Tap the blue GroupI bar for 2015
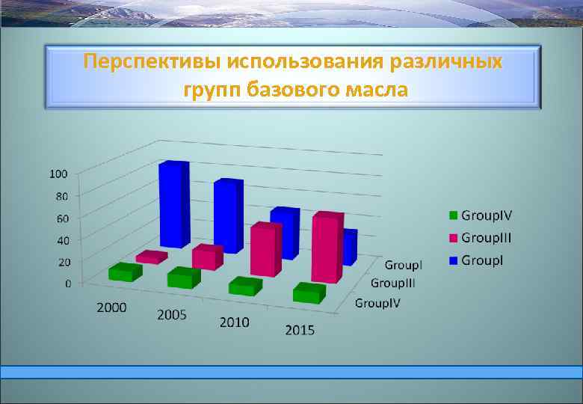[x=349, y=247]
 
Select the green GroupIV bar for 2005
[x=183, y=278]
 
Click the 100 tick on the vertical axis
[x=58, y=174]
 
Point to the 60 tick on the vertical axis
[x=61, y=218]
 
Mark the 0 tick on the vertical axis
[x=68, y=284]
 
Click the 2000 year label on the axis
[x=111, y=307]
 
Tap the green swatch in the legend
[x=452, y=216]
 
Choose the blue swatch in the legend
[x=452, y=260]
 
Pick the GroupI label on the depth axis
[x=404, y=265]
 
